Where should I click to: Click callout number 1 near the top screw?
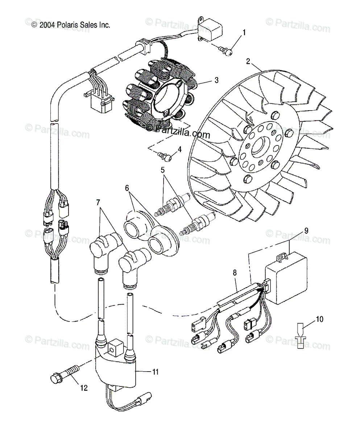(244, 32)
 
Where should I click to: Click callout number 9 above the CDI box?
(306, 230)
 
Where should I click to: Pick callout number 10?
(319, 319)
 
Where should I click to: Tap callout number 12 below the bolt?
(84, 388)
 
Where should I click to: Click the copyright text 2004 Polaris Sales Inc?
(71, 25)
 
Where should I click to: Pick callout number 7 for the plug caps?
(98, 202)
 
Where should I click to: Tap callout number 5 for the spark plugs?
(163, 169)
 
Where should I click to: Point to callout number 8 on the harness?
(235, 272)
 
